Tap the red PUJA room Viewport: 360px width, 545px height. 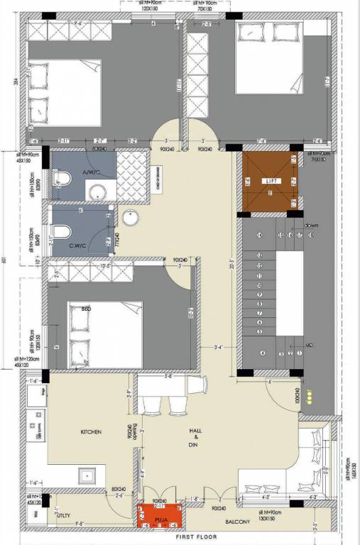[160, 515]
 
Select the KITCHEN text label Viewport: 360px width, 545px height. [92, 431]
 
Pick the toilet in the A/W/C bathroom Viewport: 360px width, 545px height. [61, 182]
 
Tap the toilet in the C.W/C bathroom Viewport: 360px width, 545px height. [62, 232]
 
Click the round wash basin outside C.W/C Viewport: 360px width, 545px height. [130, 217]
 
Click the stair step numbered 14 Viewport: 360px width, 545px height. [261, 235]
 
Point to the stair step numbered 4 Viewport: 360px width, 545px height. [263, 353]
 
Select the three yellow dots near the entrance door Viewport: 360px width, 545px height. [310, 399]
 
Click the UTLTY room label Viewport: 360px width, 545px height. [64, 516]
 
